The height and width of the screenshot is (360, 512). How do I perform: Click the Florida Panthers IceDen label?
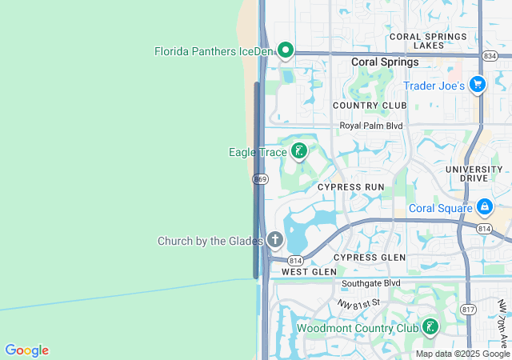(x=214, y=51)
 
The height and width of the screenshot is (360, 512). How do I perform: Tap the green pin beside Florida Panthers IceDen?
(x=285, y=50)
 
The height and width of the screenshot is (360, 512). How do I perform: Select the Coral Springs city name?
(x=385, y=62)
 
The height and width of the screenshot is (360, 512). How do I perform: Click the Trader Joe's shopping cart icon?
(x=478, y=84)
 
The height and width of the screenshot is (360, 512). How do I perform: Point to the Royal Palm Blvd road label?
(x=370, y=126)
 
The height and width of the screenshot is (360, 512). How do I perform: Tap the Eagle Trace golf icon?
(x=299, y=151)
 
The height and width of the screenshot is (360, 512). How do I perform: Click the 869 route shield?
(x=261, y=179)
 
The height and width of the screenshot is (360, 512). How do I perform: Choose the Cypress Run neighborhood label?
(x=350, y=186)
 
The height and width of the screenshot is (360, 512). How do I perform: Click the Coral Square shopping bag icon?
(x=484, y=207)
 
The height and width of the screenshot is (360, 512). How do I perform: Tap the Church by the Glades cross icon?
(x=275, y=239)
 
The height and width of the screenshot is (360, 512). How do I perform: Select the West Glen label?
(x=309, y=272)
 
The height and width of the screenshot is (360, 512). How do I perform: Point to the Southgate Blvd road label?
(x=370, y=283)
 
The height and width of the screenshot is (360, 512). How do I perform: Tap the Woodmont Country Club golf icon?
(x=430, y=327)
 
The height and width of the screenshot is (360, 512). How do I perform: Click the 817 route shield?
(x=469, y=309)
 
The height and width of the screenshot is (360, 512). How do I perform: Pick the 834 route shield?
(x=490, y=55)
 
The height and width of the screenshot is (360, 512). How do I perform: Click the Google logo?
(x=26, y=350)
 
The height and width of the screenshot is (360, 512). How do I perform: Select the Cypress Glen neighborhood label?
(x=369, y=257)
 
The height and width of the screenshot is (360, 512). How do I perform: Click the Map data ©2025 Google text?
(x=462, y=354)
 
